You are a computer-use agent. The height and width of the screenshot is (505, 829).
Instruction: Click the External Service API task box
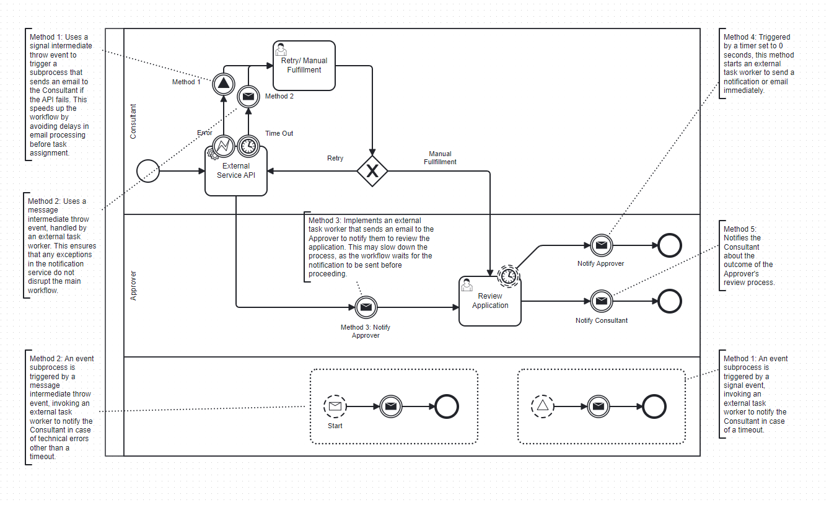(236, 171)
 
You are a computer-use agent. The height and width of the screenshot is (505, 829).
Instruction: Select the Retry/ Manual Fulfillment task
(304, 66)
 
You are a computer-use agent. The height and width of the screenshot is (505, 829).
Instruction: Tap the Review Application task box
(490, 301)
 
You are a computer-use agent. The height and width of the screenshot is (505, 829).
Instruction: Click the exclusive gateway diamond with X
(372, 171)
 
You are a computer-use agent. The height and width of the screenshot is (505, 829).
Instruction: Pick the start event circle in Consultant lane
(148, 171)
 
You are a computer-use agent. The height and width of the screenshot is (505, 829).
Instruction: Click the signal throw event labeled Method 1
(223, 84)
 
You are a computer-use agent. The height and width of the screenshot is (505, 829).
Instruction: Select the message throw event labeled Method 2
(248, 96)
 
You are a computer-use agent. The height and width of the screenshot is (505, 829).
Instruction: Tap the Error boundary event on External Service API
(223, 146)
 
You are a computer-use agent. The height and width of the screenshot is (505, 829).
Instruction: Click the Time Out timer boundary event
(248, 146)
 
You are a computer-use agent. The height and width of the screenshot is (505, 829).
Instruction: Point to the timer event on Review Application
(509, 276)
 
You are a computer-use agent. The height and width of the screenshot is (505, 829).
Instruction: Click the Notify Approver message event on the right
(601, 245)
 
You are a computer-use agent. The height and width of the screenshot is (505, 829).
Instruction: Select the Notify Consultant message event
(601, 301)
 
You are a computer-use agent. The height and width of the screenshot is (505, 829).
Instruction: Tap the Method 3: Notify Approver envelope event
(366, 307)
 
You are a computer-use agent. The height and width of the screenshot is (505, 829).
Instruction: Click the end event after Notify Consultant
(670, 301)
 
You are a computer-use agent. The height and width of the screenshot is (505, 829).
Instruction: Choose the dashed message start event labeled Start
(335, 406)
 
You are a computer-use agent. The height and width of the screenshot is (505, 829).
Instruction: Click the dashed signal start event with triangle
(542, 406)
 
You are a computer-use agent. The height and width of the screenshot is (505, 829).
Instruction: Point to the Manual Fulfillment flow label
(440, 158)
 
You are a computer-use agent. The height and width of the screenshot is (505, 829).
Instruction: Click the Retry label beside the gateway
(335, 159)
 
